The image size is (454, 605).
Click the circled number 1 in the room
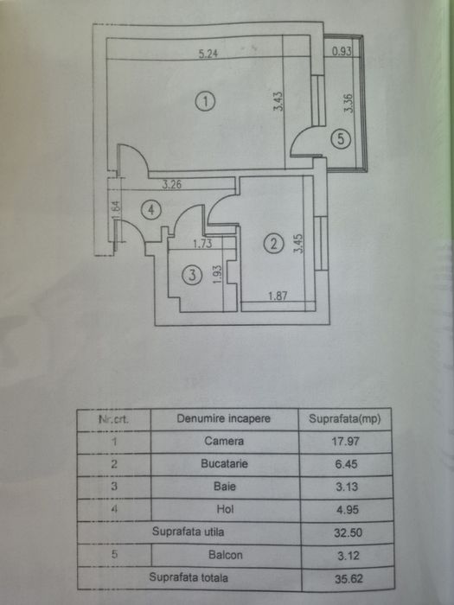(x=206, y=101)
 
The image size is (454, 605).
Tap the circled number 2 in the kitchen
(x=273, y=244)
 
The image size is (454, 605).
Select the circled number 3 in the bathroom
(x=192, y=275)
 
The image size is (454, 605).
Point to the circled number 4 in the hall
(x=151, y=210)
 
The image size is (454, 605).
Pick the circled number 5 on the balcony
(x=341, y=138)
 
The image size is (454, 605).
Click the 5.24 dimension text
(x=208, y=54)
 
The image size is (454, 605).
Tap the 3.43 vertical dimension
(x=278, y=101)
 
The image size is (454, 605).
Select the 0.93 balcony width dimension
(x=342, y=51)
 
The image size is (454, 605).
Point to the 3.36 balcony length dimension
(x=348, y=104)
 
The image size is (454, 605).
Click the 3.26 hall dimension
(x=171, y=184)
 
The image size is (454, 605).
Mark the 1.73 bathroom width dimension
(x=202, y=244)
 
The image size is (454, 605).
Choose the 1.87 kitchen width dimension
(x=278, y=296)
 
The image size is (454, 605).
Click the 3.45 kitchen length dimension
(x=298, y=244)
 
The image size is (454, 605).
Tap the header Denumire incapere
(x=223, y=418)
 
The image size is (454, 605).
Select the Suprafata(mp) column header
(x=345, y=418)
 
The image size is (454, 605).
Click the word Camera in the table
(x=224, y=441)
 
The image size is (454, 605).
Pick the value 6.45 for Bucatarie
(x=346, y=464)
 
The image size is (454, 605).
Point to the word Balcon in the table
(x=226, y=555)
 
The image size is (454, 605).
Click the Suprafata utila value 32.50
(x=348, y=533)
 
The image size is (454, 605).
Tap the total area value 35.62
(x=348, y=579)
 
